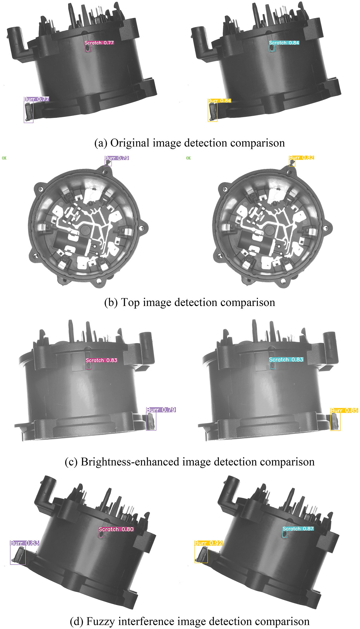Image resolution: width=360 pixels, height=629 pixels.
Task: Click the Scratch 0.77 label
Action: (99, 43)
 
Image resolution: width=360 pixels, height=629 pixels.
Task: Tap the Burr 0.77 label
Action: (36, 99)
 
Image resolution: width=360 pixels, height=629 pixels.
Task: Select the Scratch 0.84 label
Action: (284, 43)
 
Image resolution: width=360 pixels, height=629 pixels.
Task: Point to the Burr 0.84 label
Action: (219, 101)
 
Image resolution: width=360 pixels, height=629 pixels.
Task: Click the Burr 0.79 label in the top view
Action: (117, 158)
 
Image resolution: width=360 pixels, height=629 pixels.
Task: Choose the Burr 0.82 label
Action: (301, 158)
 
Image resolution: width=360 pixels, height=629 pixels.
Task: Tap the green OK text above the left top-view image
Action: (4, 158)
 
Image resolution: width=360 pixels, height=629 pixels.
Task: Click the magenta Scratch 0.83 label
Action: (101, 360)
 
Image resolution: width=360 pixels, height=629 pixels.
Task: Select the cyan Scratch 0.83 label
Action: (286, 359)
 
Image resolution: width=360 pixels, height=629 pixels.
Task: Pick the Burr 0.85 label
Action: (344, 410)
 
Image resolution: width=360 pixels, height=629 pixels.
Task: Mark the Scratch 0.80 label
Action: (116, 529)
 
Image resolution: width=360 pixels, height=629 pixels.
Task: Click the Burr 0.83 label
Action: (25, 543)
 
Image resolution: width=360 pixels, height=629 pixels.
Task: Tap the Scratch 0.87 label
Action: (298, 529)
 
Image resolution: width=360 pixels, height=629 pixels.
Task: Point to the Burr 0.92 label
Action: (208, 543)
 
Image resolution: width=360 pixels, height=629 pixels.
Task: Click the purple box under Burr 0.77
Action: (29, 112)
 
